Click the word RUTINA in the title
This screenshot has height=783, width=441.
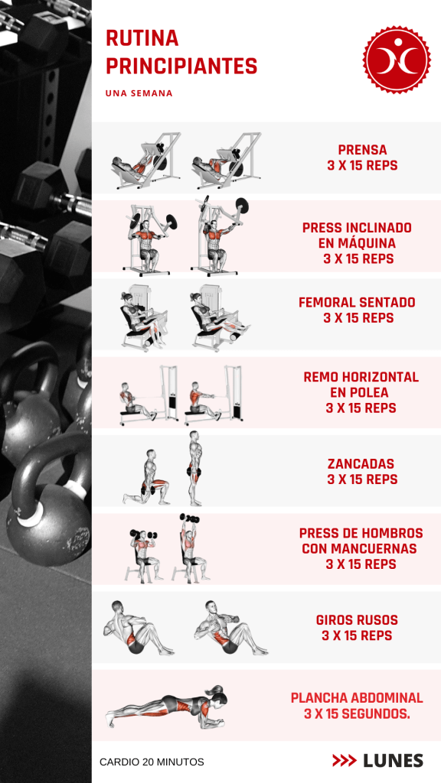point(142,38)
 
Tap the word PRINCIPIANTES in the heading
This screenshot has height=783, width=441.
point(181,66)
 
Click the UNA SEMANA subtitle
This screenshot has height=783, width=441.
point(139,93)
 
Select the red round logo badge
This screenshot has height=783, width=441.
point(397,60)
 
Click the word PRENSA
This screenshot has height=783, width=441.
point(362,150)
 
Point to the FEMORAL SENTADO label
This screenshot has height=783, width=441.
point(357,302)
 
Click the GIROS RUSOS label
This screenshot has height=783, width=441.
point(357,620)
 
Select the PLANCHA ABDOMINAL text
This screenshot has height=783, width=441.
point(357,697)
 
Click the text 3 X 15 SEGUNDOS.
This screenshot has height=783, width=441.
point(357,714)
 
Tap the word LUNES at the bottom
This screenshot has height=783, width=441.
point(393,761)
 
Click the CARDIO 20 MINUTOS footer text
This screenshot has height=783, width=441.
point(152,762)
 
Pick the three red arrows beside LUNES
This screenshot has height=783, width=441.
point(345,761)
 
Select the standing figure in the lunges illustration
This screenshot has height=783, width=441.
point(195,469)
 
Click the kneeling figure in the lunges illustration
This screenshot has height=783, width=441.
point(146,477)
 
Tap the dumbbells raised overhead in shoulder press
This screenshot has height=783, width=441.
point(190,518)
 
